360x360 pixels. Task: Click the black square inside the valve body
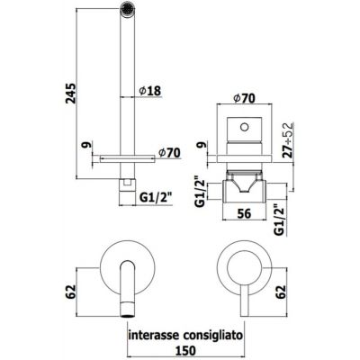(241, 124)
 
